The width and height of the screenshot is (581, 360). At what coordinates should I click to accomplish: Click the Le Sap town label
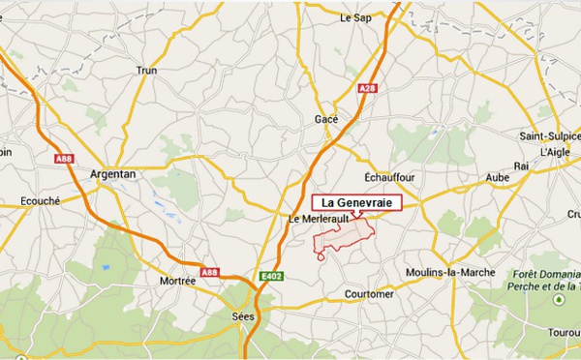(356, 17)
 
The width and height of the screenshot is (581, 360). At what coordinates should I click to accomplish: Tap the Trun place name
(147, 70)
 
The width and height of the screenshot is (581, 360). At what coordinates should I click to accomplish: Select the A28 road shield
(367, 89)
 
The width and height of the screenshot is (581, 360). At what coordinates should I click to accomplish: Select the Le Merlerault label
(319, 220)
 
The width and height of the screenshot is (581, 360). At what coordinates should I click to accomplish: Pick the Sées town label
(244, 315)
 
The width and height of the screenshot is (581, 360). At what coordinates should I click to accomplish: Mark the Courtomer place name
(369, 293)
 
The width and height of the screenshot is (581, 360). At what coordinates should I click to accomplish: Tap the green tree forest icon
(558, 301)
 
